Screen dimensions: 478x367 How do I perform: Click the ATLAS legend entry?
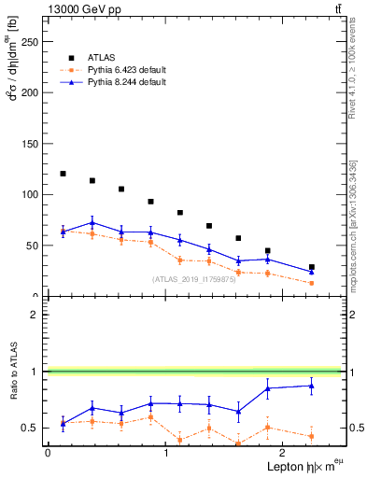point(101,56)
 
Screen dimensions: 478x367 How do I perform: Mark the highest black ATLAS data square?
point(63,174)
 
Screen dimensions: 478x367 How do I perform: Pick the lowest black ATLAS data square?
point(312,267)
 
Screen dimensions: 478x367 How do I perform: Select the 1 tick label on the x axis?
point(165,453)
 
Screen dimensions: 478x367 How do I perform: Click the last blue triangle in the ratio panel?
point(312,385)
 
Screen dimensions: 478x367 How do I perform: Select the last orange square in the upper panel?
point(312,283)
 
